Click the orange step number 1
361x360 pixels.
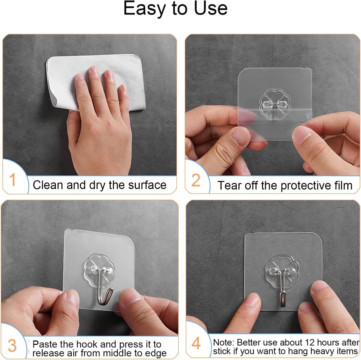click(x=12, y=180)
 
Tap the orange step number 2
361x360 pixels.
click(x=196, y=181)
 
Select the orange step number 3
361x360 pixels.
click(x=12, y=346)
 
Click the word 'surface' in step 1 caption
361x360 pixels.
click(x=147, y=185)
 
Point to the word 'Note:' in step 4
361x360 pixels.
click(x=224, y=342)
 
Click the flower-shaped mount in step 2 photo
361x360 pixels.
click(x=275, y=103)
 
